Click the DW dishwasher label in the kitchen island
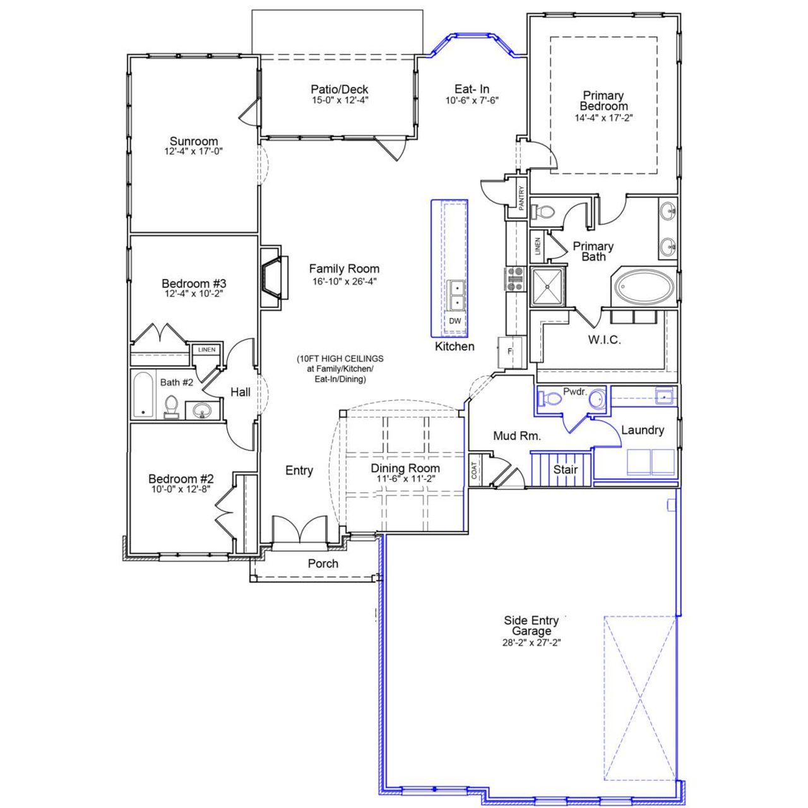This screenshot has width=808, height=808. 454,321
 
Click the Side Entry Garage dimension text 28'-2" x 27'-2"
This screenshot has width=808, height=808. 530,643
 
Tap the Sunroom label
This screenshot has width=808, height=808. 194,141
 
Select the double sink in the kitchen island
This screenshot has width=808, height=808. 455,295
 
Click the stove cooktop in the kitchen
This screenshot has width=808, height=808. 515,278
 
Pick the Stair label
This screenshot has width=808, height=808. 565,470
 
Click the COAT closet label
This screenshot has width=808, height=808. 475,470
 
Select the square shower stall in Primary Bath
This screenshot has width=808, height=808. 548,287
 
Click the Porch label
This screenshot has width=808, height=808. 323,563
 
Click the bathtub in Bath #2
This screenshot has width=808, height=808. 143,395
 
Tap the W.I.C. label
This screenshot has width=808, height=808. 604,340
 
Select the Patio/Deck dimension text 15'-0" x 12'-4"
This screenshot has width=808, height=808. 340,100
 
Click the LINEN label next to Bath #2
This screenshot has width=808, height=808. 206,350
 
